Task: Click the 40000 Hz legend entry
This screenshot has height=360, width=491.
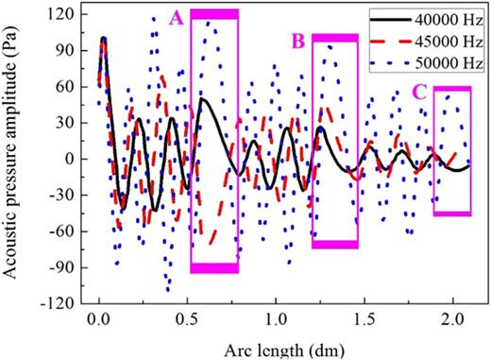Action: pyautogui.click(x=449, y=20)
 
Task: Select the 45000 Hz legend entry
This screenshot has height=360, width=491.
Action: pyautogui.click(x=449, y=42)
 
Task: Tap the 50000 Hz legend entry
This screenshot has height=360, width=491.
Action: pyautogui.click(x=449, y=63)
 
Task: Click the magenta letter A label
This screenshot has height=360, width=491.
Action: pyautogui.click(x=176, y=17)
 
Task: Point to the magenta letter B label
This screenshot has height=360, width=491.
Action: pyautogui.click(x=298, y=42)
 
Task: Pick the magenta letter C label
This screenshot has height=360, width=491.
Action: pyautogui.click(x=418, y=92)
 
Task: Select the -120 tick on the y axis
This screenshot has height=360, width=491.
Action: pyautogui.click(x=64, y=302)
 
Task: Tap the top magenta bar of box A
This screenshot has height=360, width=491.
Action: pyautogui.click(x=214, y=13)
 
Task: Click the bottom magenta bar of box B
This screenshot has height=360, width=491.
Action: pyautogui.click(x=335, y=245)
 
